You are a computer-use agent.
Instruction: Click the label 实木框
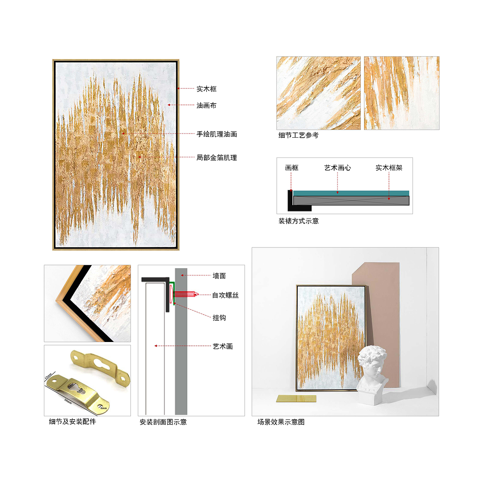click(x=206, y=89)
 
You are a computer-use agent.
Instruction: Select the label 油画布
click(x=206, y=105)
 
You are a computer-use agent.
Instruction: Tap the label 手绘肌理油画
click(x=216, y=134)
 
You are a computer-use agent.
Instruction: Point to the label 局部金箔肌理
click(x=216, y=157)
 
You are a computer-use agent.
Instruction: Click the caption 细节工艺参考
click(x=298, y=135)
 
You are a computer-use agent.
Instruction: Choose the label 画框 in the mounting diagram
click(x=291, y=168)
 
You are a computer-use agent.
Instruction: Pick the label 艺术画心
click(x=337, y=168)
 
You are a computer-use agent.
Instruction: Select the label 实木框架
click(x=389, y=168)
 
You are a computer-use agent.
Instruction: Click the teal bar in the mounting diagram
click(x=351, y=193)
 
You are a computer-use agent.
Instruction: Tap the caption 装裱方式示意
click(x=298, y=221)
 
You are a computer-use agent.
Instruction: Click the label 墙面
click(x=219, y=276)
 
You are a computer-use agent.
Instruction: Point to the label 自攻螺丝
click(x=225, y=295)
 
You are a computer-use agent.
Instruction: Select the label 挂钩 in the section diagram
click(x=219, y=318)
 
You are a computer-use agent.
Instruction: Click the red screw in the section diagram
click(x=184, y=294)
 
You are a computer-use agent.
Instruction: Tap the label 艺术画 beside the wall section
click(x=222, y=346)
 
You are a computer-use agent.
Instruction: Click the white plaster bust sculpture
click(x=372, y=375)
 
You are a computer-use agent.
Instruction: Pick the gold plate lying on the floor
click(x=296, y=398)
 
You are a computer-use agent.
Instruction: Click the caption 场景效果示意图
click(x=281, y=422)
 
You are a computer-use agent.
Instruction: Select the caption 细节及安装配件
click(x=72, y=421)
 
